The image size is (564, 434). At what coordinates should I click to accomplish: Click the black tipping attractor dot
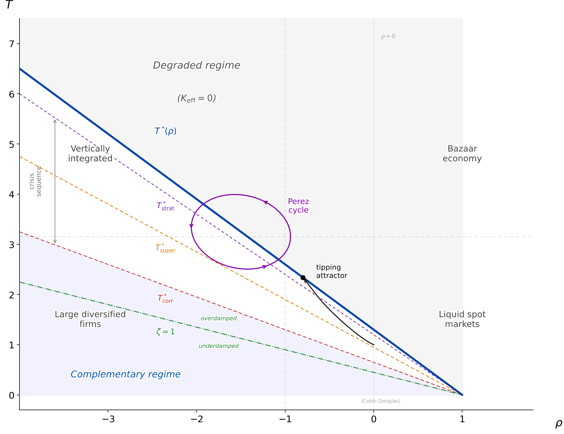(x=303, y=278)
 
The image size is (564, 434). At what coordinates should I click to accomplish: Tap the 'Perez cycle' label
(x=298, y=206)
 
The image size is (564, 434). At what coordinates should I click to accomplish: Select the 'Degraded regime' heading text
(x=196, y=65)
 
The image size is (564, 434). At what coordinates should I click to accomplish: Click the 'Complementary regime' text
(x=125, y=374)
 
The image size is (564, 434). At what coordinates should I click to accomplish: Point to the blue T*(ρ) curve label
(x=165, y=131)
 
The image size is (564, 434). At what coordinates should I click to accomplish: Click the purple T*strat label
(x=165, y=206)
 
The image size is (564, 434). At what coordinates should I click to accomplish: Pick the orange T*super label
(x=165, y=248)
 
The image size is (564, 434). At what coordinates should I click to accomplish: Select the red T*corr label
(x=165, y=298)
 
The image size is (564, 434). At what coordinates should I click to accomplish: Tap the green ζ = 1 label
(x=165, y=331)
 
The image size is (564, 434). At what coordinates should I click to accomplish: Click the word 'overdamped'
(x=219, y=318)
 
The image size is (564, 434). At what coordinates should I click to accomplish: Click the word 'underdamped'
(x=219, y=346)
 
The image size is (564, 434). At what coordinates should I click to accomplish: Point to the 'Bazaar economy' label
(x=462, y=153)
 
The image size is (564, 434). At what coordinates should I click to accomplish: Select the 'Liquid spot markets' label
(x=462, y=319)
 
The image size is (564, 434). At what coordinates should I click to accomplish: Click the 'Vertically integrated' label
(x=90, y=153)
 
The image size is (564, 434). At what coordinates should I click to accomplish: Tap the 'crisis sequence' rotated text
(x=35, y=181)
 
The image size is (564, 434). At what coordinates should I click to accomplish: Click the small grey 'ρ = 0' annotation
(x=388, y=36)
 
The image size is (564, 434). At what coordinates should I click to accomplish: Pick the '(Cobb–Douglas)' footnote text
(x=380, y=401)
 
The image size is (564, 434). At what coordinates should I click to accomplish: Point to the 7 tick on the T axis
(x=12, y=44)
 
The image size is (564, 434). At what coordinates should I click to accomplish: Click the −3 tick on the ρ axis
(x=108, y=419)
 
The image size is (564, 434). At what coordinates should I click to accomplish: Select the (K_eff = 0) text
(x=196, y=98)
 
